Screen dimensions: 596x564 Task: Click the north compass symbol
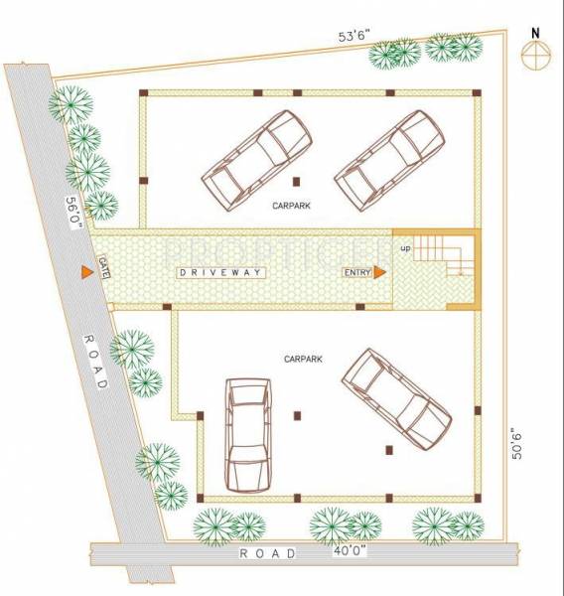536,58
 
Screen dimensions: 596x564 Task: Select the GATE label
103,268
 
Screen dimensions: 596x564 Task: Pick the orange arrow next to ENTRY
380,272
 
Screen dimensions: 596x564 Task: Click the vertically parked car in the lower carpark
247,433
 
